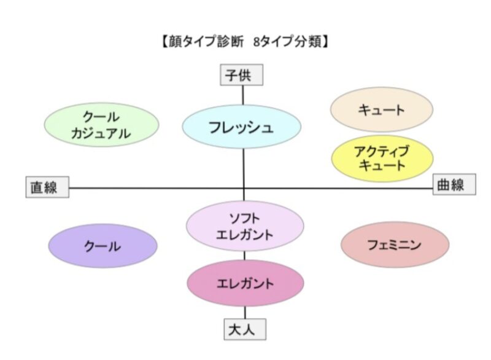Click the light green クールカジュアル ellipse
click(102, 125)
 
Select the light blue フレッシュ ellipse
click(241, 127)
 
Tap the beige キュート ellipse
click(382, 109)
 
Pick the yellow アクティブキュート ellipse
click(382, 158)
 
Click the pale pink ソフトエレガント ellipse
click(245, 226)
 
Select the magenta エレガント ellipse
click(245, 283)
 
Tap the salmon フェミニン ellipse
click(395, 245)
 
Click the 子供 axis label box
click(242, 76)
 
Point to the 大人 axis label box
click(245, 329)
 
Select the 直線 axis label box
click(47, 187)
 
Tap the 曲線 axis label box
click(455, 184)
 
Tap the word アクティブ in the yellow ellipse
click(382, 151)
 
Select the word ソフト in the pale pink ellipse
click(245, 219)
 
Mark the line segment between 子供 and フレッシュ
click(243, 95)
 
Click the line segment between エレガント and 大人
click(245, 313)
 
